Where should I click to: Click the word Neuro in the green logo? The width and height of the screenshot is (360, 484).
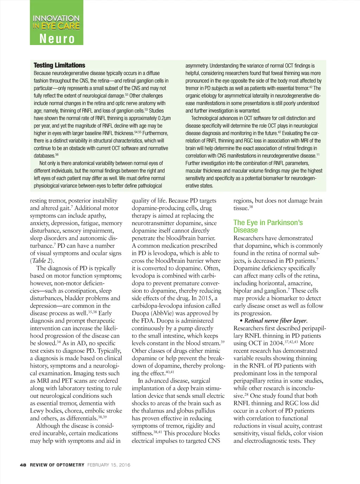tap(57, 38)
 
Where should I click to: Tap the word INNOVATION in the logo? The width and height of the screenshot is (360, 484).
tap(56, 18)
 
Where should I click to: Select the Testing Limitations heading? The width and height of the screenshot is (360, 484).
tap(59, 65)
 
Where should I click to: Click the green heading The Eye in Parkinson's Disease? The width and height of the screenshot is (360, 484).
tap(268, 226)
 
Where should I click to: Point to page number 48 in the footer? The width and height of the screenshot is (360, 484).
tap(23, 465)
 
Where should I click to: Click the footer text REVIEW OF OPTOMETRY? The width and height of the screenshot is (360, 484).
tap(57, 465)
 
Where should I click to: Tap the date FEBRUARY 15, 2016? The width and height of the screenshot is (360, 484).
tap(109, 465)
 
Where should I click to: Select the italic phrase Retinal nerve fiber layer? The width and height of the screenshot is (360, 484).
tap(276, 320)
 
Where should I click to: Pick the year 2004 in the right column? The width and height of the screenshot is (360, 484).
tap(275, 343)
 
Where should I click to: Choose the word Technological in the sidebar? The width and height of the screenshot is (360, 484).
tap(207, 118)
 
